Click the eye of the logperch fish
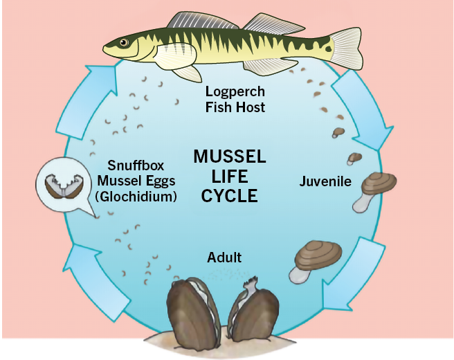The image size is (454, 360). click(124, 43)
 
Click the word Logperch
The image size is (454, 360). click(235, 91)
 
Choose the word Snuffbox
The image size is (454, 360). click(136, 166)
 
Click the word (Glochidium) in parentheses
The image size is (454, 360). click(136, 197)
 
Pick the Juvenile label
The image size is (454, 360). click(325, 182)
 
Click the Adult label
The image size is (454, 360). click(224, 258)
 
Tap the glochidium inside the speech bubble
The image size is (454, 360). click(60, 184)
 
